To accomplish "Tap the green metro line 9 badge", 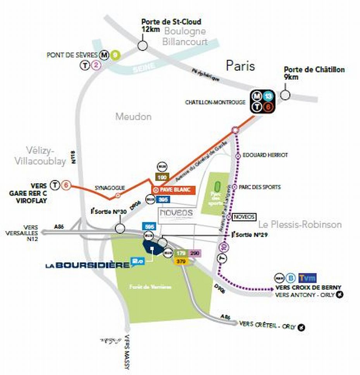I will (x=114, y=55).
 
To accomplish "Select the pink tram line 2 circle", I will (x=96, y=66).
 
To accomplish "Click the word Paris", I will (x=240, y=66).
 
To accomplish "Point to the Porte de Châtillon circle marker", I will (x=286, y=95).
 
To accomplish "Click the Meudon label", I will (x=133, y=116).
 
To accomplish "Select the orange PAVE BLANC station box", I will (x=173, y=190).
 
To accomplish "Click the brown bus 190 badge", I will (x=162, y=177).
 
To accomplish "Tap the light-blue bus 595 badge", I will (x=150, y=226).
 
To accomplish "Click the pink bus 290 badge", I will (x=194, y=253).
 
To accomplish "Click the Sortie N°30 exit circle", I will (x=120, y=228).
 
